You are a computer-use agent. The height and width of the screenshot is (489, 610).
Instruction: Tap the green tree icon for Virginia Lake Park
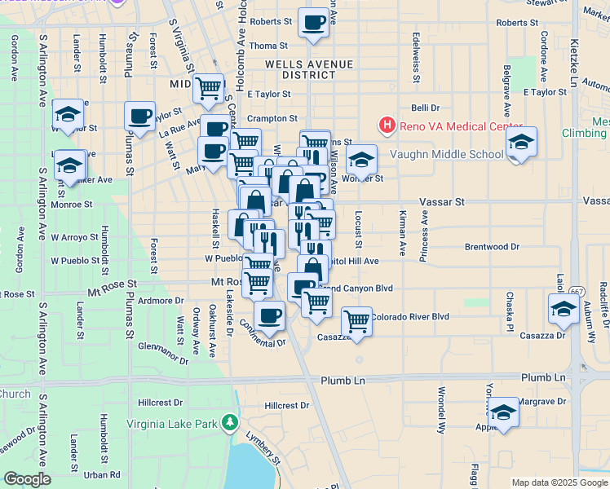(x=230, y=422)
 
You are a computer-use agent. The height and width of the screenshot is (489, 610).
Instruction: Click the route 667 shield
(x=577, y=291)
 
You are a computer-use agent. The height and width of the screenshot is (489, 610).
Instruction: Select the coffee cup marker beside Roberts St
(x=313, y=24)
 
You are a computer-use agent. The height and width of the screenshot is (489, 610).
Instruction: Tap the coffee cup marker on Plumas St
(x=139, y=116)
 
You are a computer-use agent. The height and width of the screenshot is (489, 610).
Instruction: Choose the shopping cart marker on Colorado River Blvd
(x=356, y=321)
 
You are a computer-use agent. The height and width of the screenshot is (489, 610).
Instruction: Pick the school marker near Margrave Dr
(x=504, y=413)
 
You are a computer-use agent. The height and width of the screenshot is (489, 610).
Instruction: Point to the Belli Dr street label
(x=425, y=108)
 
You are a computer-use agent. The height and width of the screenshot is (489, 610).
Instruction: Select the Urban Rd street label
(x=102, y=474)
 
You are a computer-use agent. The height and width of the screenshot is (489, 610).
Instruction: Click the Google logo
(x=28, y=479)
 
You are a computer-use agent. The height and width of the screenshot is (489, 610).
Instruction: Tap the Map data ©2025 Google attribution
(x=559, y=482)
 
